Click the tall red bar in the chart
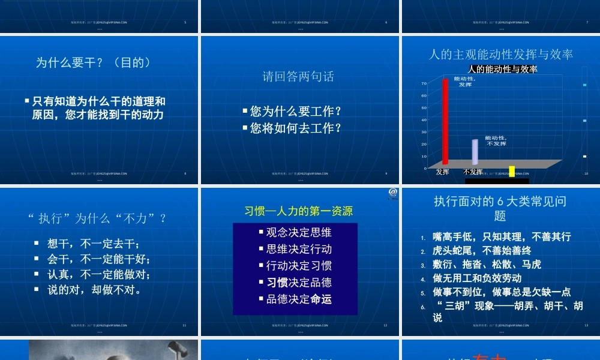pos(445,121)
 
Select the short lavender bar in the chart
pos(475,152)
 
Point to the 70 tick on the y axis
pos(424,83)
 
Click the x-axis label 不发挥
pos(473,172)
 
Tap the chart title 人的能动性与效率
pos(502,69)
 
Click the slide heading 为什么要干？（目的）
pos(93,62)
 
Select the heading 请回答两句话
pos(298,76)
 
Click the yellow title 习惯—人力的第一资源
pos(298,211)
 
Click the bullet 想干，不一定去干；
pos(94,244)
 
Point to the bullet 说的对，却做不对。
pos(94,290)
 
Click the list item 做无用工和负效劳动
pos(477,278)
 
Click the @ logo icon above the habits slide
pos(393,193)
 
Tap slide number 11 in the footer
pos(184,325)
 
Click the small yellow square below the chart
pos(512,170)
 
